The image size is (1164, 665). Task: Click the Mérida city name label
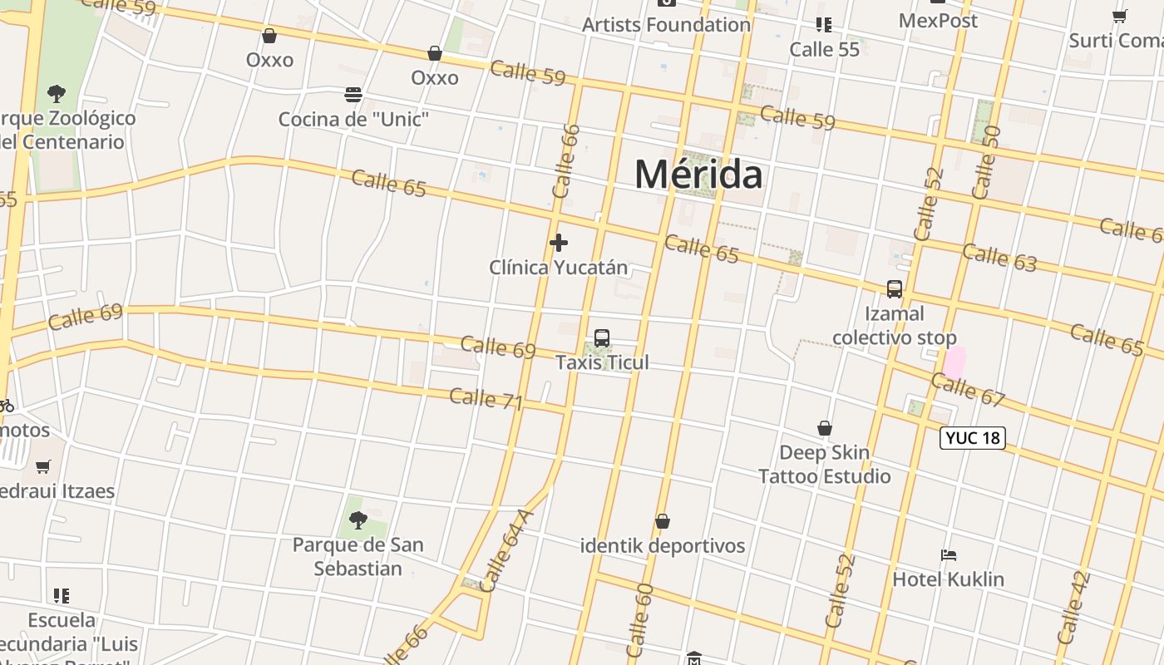coord(698,175)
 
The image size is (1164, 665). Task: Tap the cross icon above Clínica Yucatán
coord(559,243)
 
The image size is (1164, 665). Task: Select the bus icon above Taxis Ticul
coord(602,338)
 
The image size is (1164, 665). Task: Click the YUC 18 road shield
coord(972,437)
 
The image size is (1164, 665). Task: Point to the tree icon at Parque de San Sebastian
coord(358,520)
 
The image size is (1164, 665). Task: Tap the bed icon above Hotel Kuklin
coord(949,554)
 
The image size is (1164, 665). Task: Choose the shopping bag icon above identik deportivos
coord(663,521)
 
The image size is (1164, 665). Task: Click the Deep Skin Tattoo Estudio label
coord(824,465)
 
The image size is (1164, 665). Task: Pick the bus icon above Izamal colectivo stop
coord(895,289)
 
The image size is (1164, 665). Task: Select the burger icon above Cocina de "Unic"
coord(353,95)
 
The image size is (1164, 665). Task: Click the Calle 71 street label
coord(486,399)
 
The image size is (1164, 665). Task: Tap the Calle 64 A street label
coord(506,549)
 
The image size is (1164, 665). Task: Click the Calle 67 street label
coord(968,390)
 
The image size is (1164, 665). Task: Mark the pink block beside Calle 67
coord(954,362)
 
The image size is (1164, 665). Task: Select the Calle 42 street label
coord(1073,607)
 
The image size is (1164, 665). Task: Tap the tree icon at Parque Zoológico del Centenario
coord(57,93)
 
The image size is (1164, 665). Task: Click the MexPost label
coord(938,20)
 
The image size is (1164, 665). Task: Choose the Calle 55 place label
coord(825,50)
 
